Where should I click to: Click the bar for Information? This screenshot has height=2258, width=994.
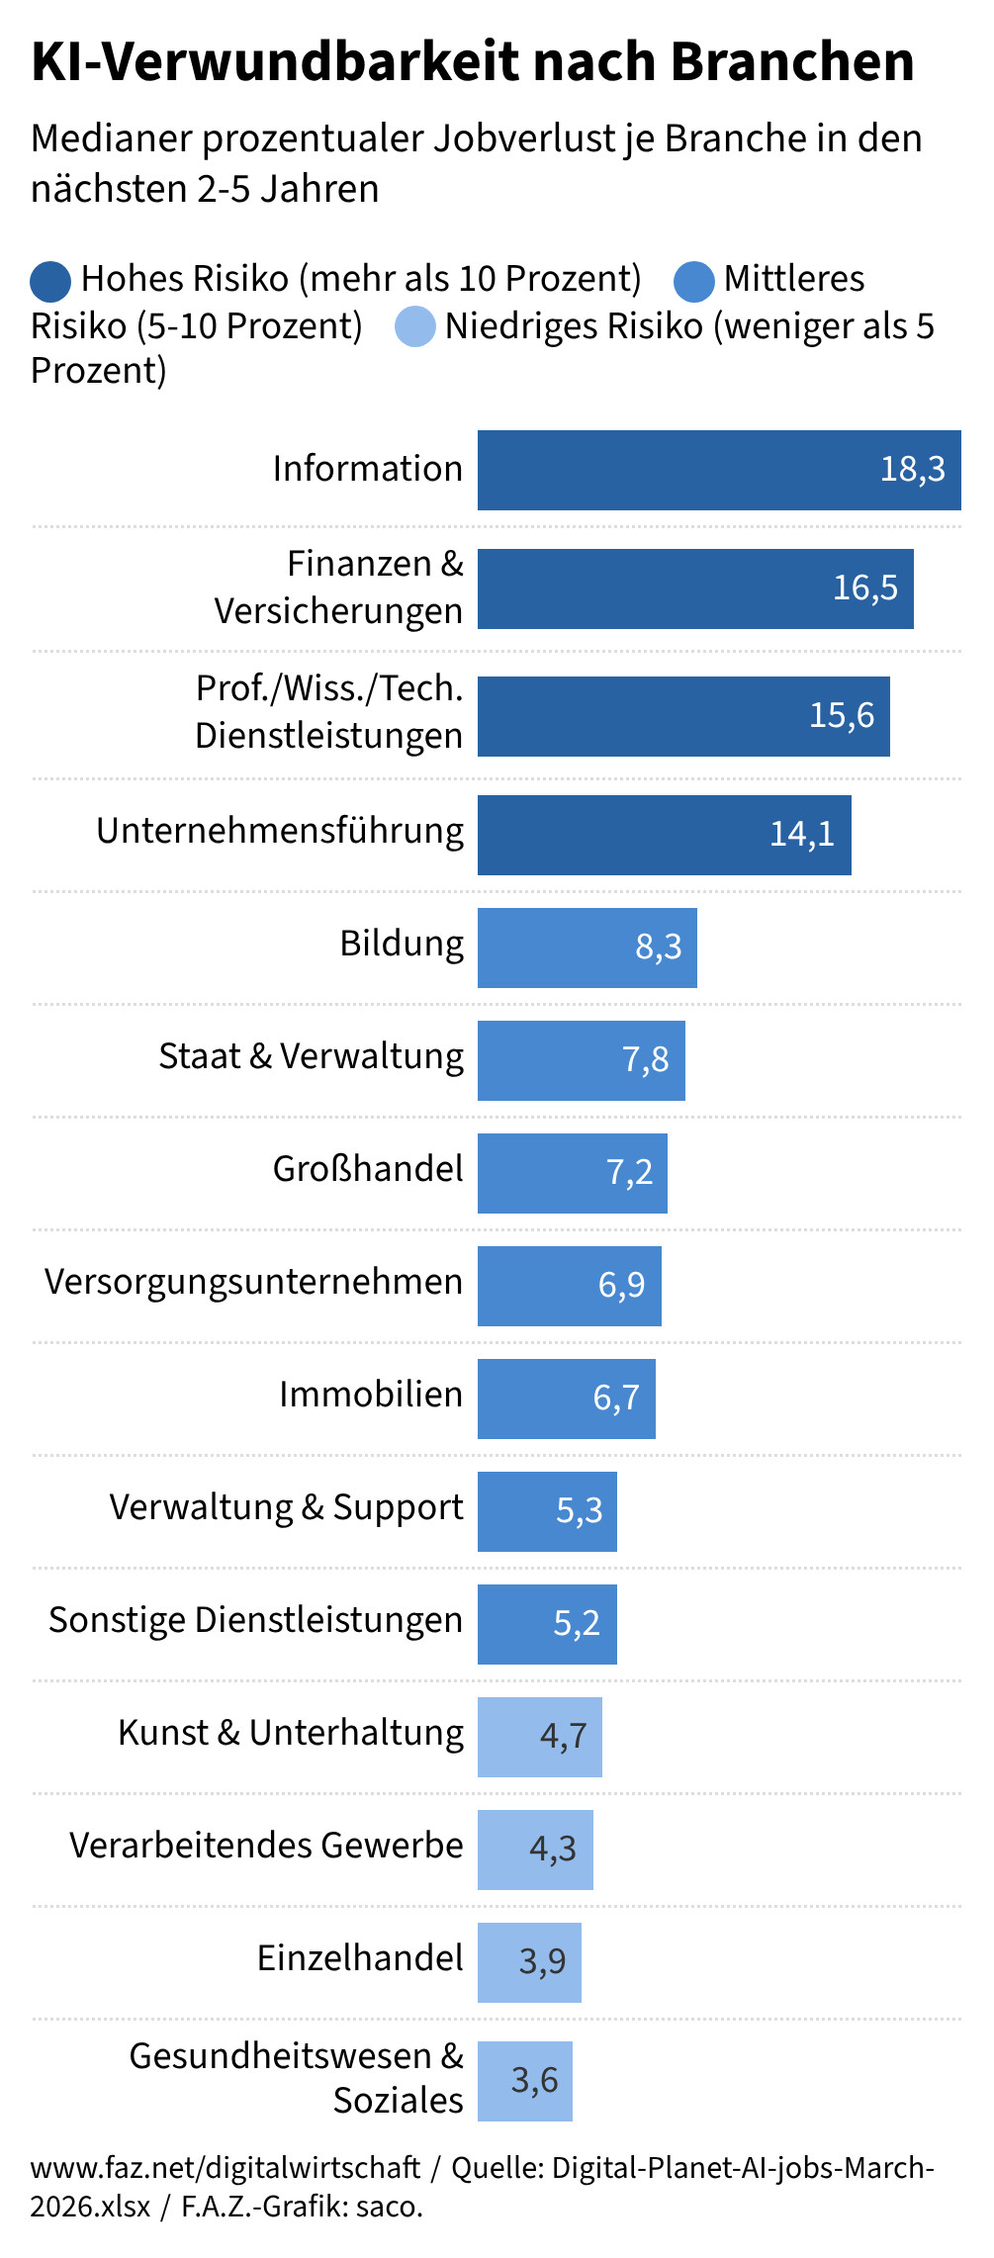coord(719,470)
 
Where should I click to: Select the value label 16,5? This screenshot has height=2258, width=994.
coord(864,587)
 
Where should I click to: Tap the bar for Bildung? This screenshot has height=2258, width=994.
coord(587,948)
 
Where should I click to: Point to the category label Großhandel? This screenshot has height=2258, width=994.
coord(368,1169)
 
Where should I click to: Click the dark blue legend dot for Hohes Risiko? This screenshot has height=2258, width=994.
coord(50,281)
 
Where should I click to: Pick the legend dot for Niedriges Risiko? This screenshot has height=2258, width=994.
coord(414,327)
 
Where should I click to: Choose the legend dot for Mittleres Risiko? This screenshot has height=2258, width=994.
coord(693,281)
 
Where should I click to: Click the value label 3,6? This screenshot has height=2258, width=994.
coord(534,2079)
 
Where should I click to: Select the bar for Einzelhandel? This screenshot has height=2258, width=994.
coord(529,1962)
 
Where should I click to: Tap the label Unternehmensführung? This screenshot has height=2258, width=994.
coord(280,832)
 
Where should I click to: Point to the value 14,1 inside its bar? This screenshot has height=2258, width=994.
coord(801,834)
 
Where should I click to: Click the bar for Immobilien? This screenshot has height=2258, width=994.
coord(566,1399)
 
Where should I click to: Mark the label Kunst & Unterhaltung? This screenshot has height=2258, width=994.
coord(291,1733)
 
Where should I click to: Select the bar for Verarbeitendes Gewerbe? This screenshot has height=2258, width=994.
coord(535,1850)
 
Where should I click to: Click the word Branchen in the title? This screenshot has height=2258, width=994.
coord(792,62)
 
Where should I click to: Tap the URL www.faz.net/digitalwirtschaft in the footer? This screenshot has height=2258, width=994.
coord(226,2168)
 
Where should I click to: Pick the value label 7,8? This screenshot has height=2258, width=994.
coord(645,1060)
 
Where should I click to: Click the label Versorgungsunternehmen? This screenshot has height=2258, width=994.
coord(253,1282)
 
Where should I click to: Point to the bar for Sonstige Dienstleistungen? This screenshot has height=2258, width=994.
coord(547,1624)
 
